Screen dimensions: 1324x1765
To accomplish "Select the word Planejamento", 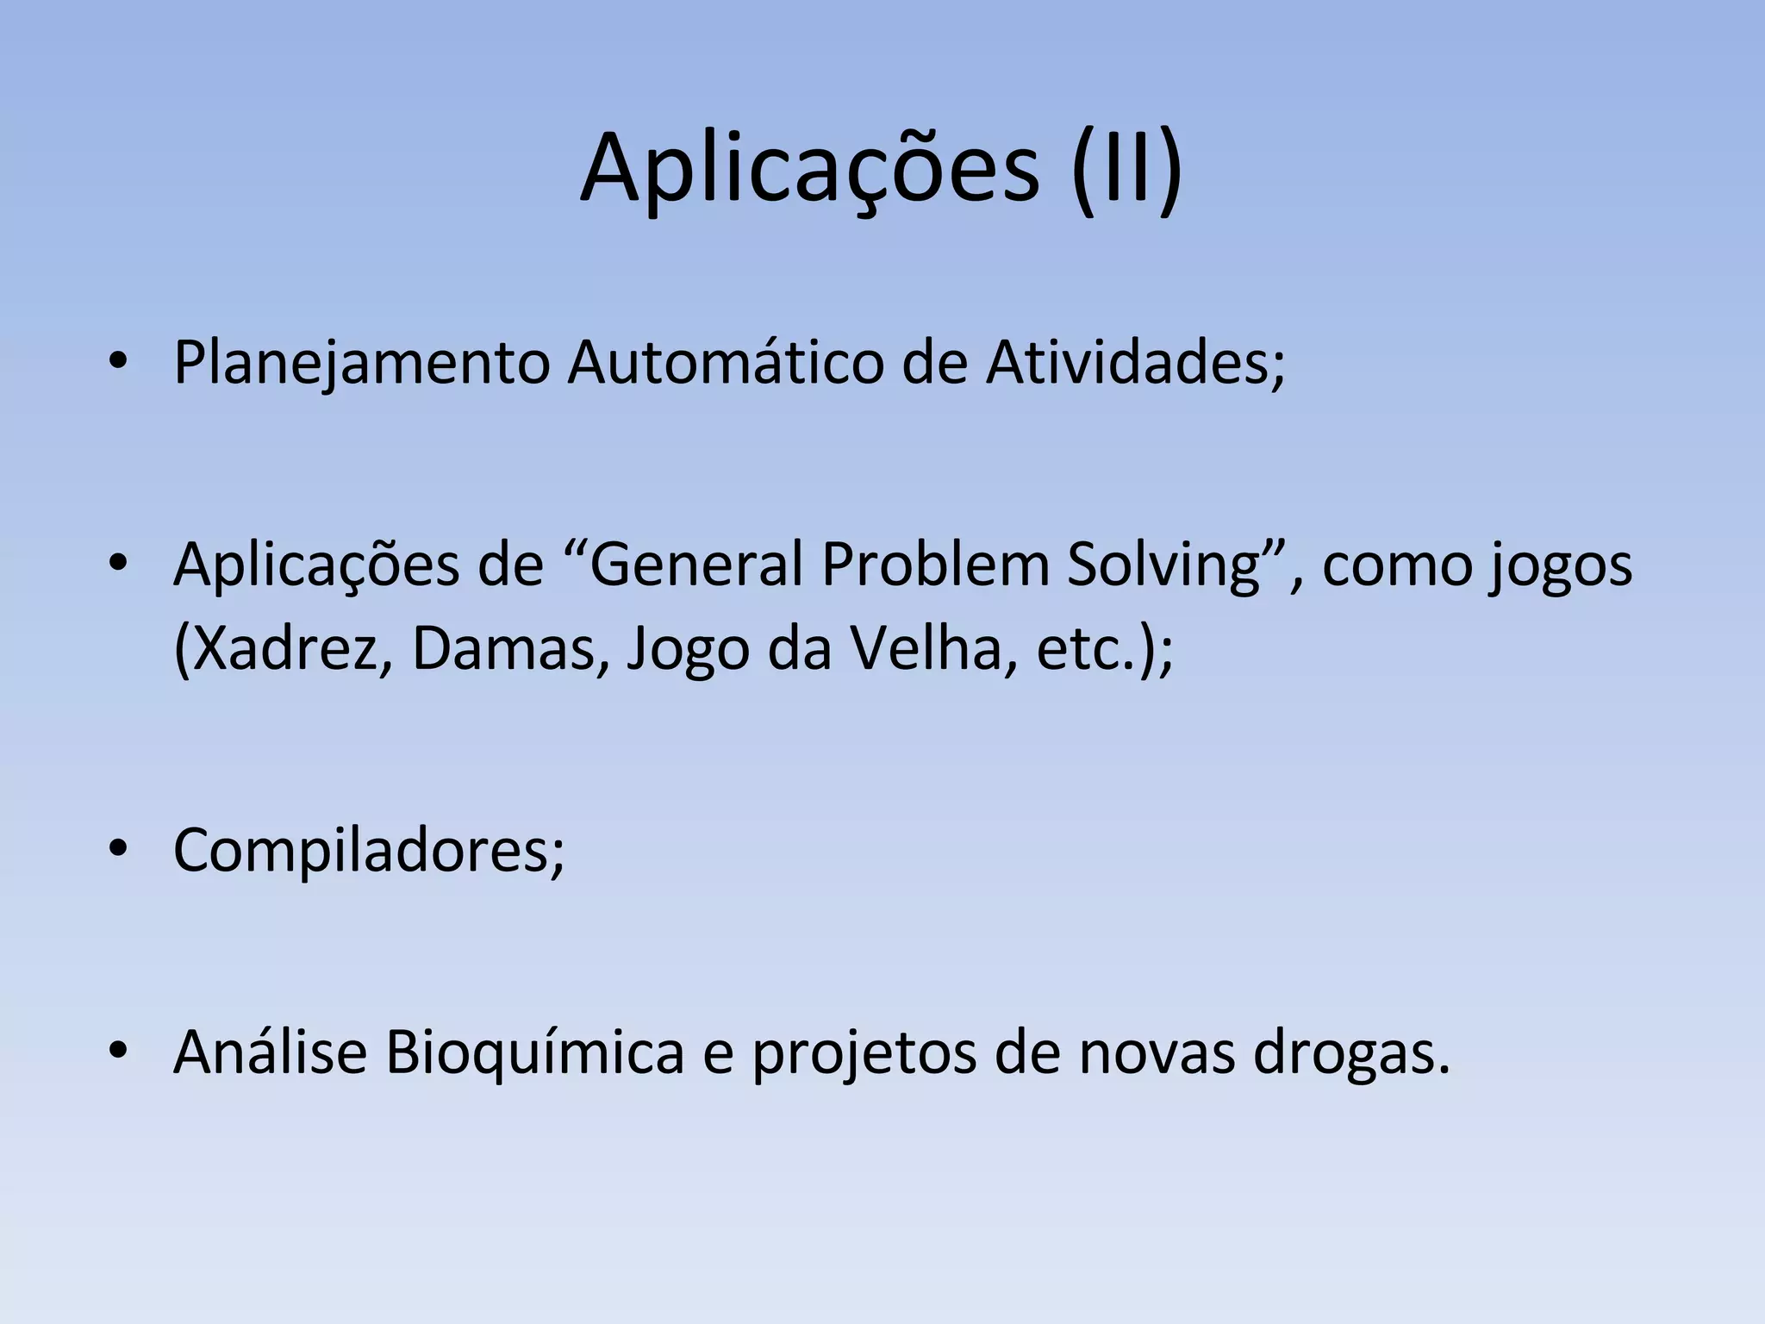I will click(361, 364).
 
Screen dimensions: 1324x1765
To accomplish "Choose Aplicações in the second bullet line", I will click(316, 565).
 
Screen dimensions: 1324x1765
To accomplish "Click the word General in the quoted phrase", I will click(694, 565).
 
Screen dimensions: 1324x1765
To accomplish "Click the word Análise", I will click(270, 1052).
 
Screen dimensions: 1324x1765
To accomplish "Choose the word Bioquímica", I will click(534, 1053).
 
